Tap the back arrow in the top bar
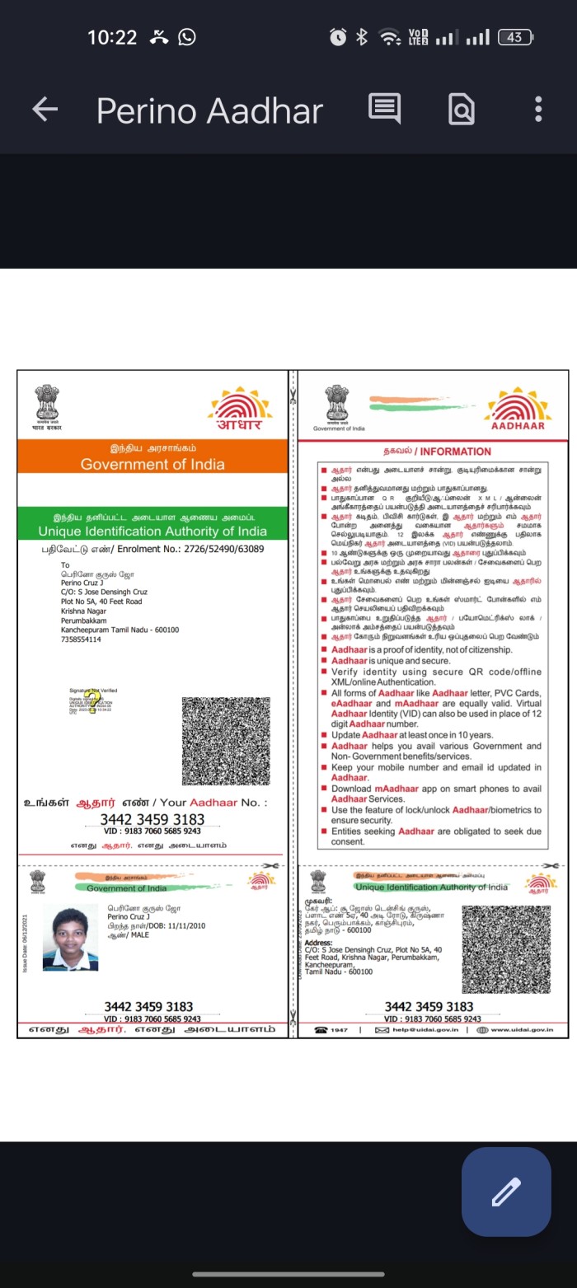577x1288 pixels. click(45, 110)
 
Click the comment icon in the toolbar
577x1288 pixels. click(384, 109)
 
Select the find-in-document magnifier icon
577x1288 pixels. click(461, 109)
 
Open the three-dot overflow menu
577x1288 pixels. click(537, 109)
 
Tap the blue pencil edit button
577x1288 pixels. click(506, 1192)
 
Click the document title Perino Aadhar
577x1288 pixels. click(209, 110)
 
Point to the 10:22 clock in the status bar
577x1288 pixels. click(112, 37)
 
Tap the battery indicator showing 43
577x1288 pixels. click(516, 37)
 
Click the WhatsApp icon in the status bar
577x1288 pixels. click(187, 37)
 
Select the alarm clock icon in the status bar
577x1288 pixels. click(338, 37)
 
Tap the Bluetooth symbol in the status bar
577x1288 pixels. click(361, 37)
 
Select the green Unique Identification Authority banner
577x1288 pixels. click(152, 524)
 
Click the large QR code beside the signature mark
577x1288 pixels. click(225, 740)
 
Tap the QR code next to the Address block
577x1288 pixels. click(506, 948)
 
